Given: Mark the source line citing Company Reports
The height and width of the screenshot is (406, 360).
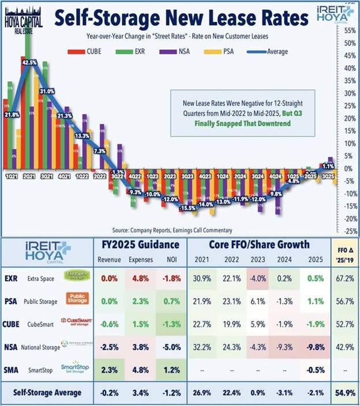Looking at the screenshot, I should (x=179, y=229).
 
